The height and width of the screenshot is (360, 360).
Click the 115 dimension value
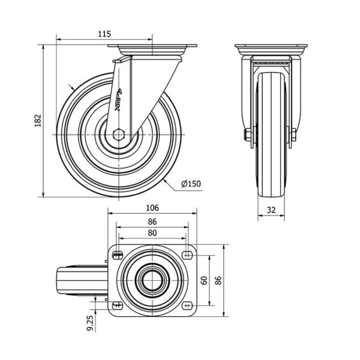coord(104,34)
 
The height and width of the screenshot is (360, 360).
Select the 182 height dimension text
coord(38,121)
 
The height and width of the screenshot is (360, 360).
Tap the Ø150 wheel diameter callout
coord(191,184)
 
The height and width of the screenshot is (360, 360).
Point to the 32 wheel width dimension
coord(271,210)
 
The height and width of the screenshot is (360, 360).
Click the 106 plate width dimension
coord(152,208)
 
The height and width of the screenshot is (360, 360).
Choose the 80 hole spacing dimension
coord(152,233)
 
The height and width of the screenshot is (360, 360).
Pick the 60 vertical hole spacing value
coord(204,280)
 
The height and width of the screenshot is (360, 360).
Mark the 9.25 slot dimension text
coord(91,323)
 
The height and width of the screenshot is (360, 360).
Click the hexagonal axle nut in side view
coord(119,134)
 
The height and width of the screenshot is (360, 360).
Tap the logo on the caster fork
coord(118,100)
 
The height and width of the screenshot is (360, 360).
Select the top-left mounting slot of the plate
coord(118,254)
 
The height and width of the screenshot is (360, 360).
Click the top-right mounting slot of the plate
coord(187,254)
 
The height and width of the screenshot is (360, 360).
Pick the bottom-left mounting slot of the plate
coord(118,305)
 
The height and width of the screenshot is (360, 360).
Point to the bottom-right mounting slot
coord(187,305)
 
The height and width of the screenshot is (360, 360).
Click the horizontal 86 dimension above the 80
coord(152,221)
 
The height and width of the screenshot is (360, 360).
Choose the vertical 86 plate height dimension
coord(218,280)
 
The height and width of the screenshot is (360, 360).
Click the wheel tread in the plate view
coord(82,281)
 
